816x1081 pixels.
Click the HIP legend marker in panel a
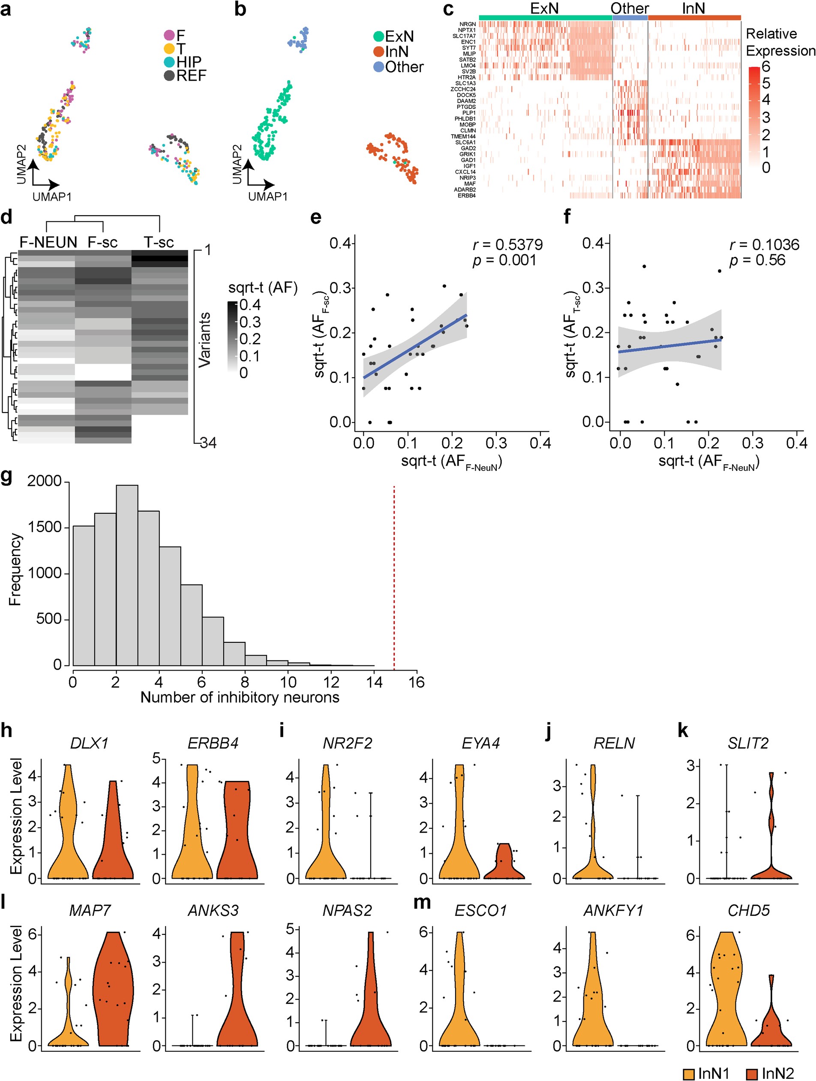tap(169, 62)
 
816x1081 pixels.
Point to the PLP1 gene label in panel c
tap(468, 113)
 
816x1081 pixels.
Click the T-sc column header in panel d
tap(159, 242)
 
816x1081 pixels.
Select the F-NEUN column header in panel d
tap(48, 242)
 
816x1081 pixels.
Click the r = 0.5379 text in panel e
tap(507, 244)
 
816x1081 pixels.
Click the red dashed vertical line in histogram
tap(394, 577)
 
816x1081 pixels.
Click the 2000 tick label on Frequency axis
tap(45, 482)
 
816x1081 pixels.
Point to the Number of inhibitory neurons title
tap(239, 697)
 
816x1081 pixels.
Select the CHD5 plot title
tap(748, 910)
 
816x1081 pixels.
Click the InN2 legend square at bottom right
tap(752, 1073)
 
